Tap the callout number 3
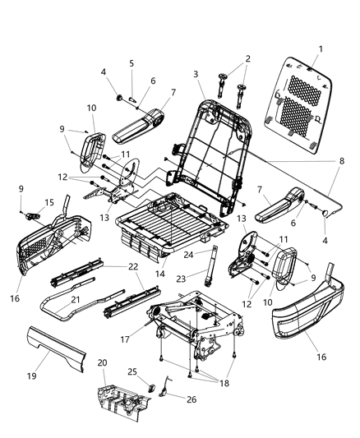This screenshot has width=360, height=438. tap(196, 75)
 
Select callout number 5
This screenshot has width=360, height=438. tap(130, 63)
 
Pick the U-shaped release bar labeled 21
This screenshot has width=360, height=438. tap(70, 309)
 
